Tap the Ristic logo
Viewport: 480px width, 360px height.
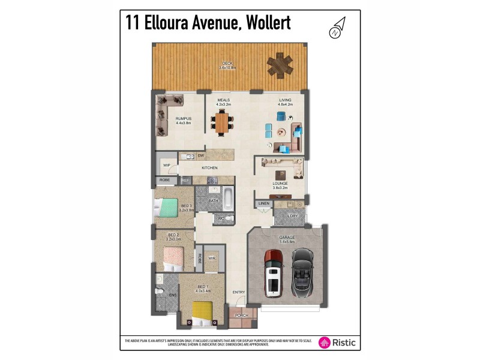click(x=337, y=342)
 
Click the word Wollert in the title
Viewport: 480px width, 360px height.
click(x=265, y=23)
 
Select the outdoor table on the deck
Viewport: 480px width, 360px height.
click(x=280, y=64)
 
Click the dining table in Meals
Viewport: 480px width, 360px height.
click(x=223, y=122)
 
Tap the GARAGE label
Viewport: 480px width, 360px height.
click(x=287, y=237)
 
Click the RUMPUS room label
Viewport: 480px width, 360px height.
click(x=183, y=119)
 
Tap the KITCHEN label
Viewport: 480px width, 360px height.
click(x=209, y=167)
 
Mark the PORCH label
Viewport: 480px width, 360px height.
click(x=242, y=315)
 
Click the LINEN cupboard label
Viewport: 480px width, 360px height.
click(x=263, y=204)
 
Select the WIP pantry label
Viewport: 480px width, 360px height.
click(x=167, y=164)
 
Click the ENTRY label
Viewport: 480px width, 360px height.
click(x=239, y=292)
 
